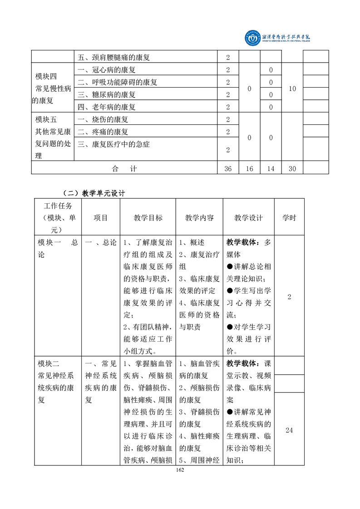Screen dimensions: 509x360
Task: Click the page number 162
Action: coord(180,470)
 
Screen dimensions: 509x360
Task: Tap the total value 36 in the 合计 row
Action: coord(228,168)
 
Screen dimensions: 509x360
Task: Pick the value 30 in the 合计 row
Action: coord(292,168)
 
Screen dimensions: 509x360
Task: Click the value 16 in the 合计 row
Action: coord(249,168)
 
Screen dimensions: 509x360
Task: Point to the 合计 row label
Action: coord(124,168)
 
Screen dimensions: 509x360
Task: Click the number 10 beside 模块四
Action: coord(292,88)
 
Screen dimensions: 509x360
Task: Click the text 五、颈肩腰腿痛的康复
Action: coord(114,58)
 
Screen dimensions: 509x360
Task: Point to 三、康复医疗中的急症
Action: coord(114,145)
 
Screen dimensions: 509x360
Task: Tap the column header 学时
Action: coord(289,218)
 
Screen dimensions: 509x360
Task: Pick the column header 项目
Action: coord(100,218)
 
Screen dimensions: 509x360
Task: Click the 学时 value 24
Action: coord(289,430)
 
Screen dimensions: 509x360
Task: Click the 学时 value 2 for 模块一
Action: coord(289,297)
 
